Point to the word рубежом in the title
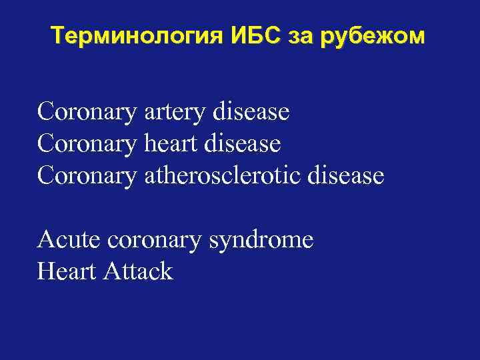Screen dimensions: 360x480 [x=372, y=36]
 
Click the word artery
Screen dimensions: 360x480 [x=175, y=112]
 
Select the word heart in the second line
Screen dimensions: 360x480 [x=173, y=143]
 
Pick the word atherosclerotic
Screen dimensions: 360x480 [x=219, y=175]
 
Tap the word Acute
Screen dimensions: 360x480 [x=68, y=239]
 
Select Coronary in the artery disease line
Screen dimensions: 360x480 [x=88, y=112]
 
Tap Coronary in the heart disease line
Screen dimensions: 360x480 [x=88, y=143]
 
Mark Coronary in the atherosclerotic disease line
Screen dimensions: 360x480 [x=88, y=175]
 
